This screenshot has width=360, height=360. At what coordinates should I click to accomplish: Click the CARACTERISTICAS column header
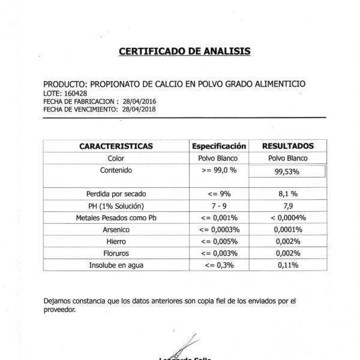point(116,146)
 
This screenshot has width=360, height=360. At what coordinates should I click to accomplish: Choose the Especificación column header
point(219,146)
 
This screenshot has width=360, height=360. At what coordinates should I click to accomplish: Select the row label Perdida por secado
point(116,194)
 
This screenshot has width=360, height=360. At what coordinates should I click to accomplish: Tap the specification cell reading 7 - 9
point(219,206)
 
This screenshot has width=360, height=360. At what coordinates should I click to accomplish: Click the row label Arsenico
point(116,229)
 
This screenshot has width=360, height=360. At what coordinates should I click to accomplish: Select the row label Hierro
point(116,241)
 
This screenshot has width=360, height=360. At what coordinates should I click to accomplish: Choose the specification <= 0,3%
point(219,264)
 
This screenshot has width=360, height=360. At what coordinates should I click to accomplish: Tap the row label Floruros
point(116,253)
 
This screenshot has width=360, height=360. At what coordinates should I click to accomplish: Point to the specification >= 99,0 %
point(219,170)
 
